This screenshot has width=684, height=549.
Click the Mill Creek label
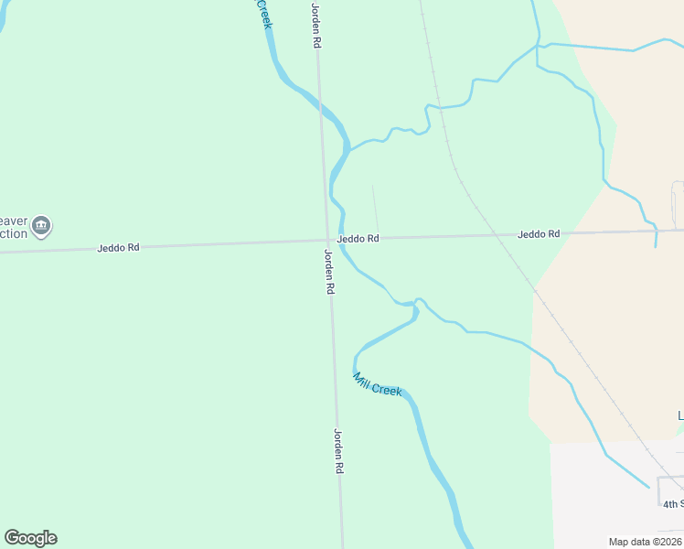pos(378,384)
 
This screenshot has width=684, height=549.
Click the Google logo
pos(30,538)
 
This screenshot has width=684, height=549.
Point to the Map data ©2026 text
pos(644,542)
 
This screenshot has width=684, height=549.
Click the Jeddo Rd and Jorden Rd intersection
pos(326,242)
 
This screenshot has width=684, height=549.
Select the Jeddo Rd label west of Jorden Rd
pos(119,248)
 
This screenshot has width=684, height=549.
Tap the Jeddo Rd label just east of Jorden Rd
pos(358,239)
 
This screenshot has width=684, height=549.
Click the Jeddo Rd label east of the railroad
pos(539,234)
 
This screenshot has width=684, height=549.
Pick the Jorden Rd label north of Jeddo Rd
pos(316,25)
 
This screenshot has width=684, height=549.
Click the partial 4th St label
pos(672,504)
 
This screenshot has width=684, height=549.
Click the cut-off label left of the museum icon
pos(13,227)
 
